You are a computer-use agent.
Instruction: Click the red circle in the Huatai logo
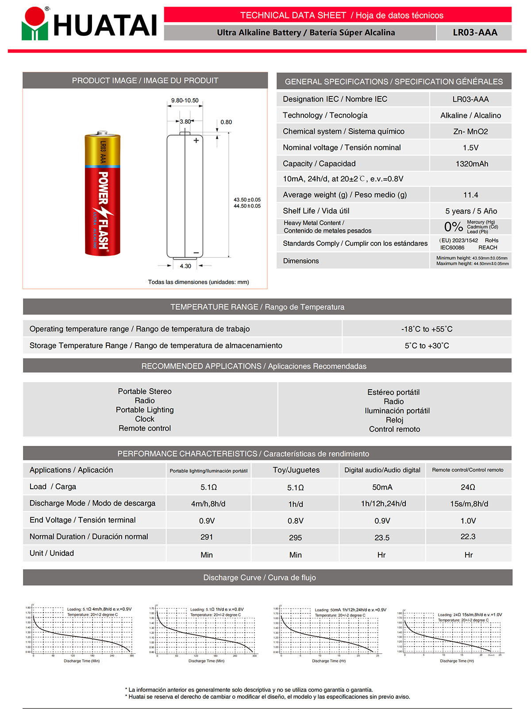[35, 17]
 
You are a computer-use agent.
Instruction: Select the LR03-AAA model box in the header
[474, 33]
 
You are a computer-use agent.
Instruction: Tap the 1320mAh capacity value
[472, 164]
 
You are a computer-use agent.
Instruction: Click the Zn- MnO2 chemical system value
[470, 131]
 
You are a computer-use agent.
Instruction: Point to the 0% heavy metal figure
[453, 227]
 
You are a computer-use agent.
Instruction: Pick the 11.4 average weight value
[470, 195]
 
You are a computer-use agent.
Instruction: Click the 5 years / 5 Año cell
[471, 211]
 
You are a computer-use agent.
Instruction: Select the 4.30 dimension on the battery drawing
[185, 266]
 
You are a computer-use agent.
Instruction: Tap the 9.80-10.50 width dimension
[185, 100]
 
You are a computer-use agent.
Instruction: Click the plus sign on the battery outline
[196, 141]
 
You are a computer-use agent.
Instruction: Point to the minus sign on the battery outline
[196, 253]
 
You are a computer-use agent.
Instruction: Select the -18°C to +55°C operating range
[427, 329]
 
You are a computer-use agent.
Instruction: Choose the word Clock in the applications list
[145, 419]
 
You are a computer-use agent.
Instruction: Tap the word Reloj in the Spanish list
[394, 420]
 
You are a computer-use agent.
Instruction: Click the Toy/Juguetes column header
[296, 470]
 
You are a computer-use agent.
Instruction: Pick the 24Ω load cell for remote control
[468, 487]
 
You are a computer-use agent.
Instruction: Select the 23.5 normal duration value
[382, 537]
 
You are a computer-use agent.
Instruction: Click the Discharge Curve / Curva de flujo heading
[259, 578]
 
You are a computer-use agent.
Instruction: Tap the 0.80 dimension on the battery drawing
[226, 122]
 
